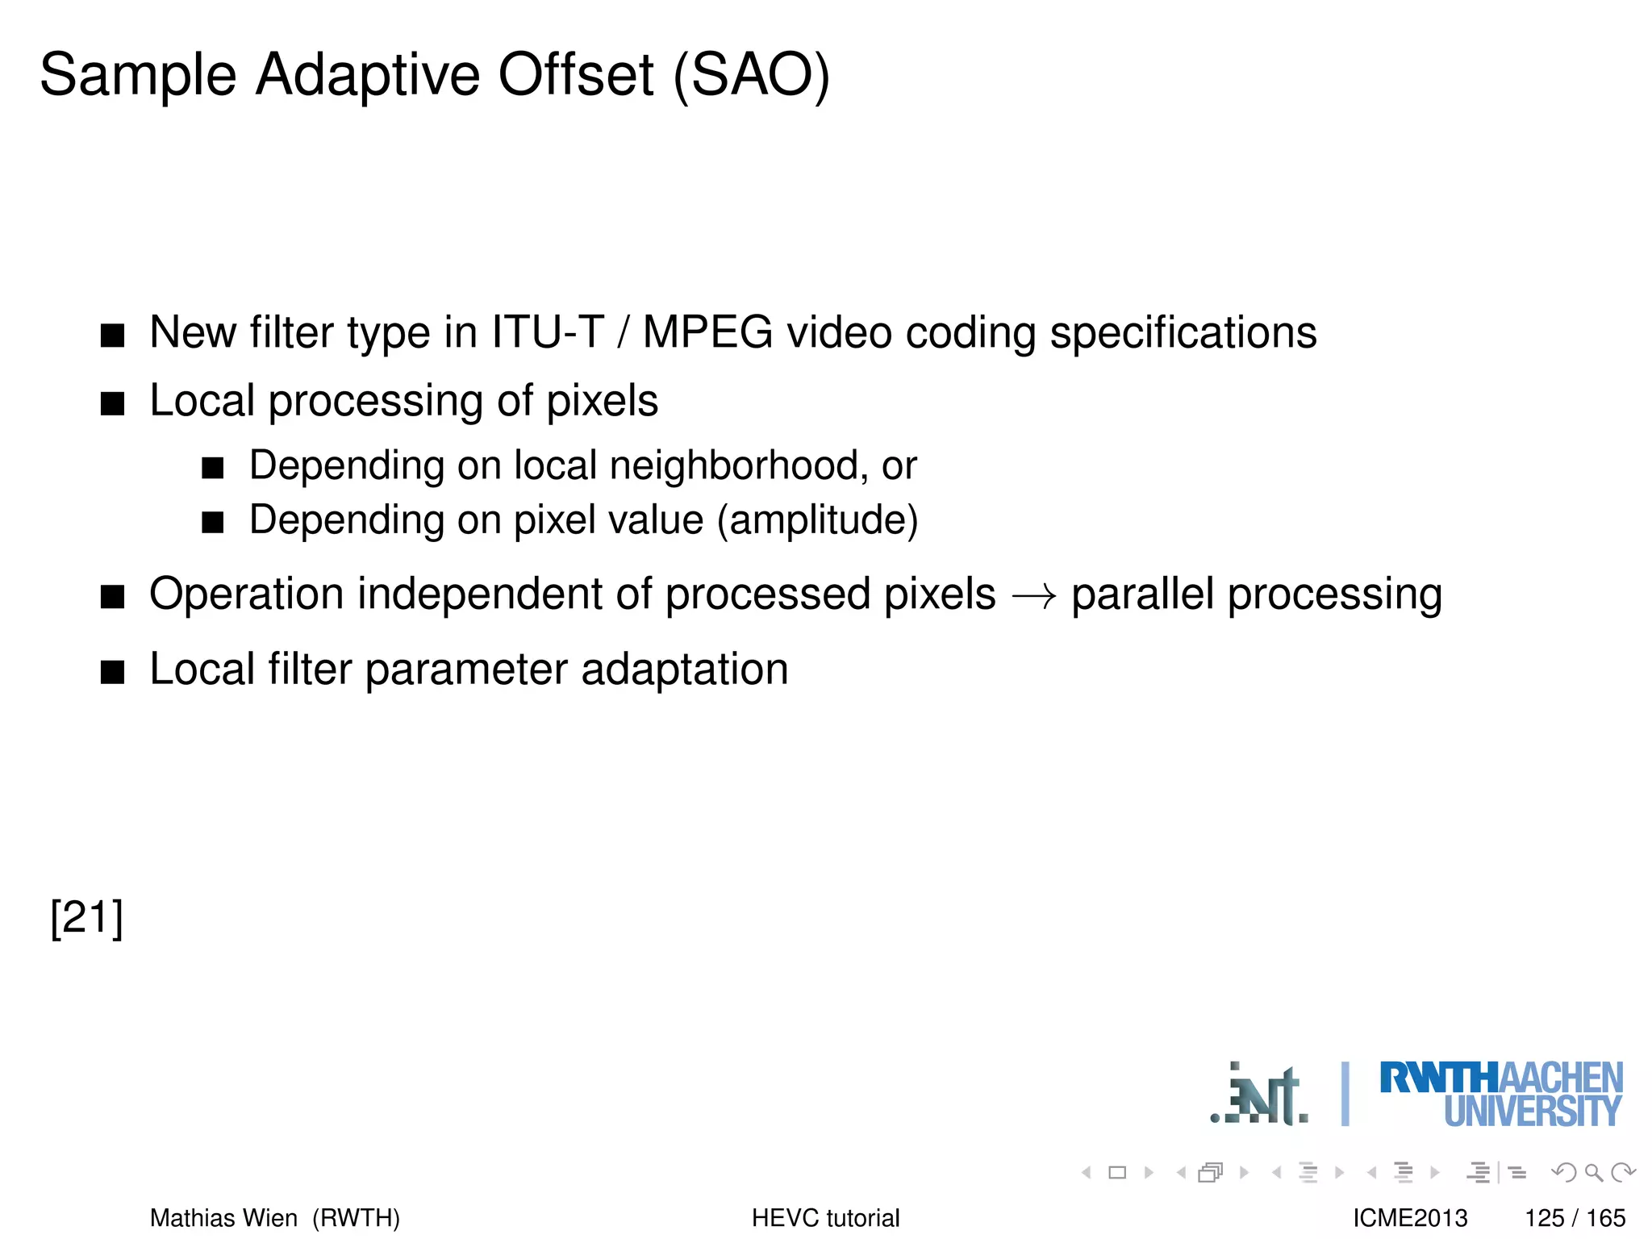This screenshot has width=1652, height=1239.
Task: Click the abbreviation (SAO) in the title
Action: click(x=751, y=76)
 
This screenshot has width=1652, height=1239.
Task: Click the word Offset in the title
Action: click(x=575, y=74)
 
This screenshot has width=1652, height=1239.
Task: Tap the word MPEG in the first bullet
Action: click(x=707, y=332)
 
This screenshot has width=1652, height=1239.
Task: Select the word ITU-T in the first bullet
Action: click(x=548, y=332)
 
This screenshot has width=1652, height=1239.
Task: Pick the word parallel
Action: click(x=1142, y=594)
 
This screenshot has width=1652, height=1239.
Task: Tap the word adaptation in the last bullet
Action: click(x=684, y=670)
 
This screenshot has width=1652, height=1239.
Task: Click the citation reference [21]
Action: click(x=86, y=918)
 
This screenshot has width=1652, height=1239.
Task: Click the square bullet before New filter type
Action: click(x=113, y=336)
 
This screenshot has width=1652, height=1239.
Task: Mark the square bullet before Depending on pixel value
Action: click(x=213, y=523)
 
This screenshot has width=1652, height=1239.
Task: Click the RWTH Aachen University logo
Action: click(x=1500, y=1094)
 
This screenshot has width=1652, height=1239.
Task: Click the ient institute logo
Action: click(x=1260, y=1095)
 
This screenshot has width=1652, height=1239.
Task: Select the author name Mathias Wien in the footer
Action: click(x=224, y=1217)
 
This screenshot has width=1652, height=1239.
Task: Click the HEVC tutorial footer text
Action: click(x=825, y=1217)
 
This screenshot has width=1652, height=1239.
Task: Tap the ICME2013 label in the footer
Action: click(x=1410, y=1217)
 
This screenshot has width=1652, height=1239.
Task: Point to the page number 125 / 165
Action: click(x=1575, y=1217)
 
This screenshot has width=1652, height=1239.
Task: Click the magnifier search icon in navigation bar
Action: click(x=1592, y=1172)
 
